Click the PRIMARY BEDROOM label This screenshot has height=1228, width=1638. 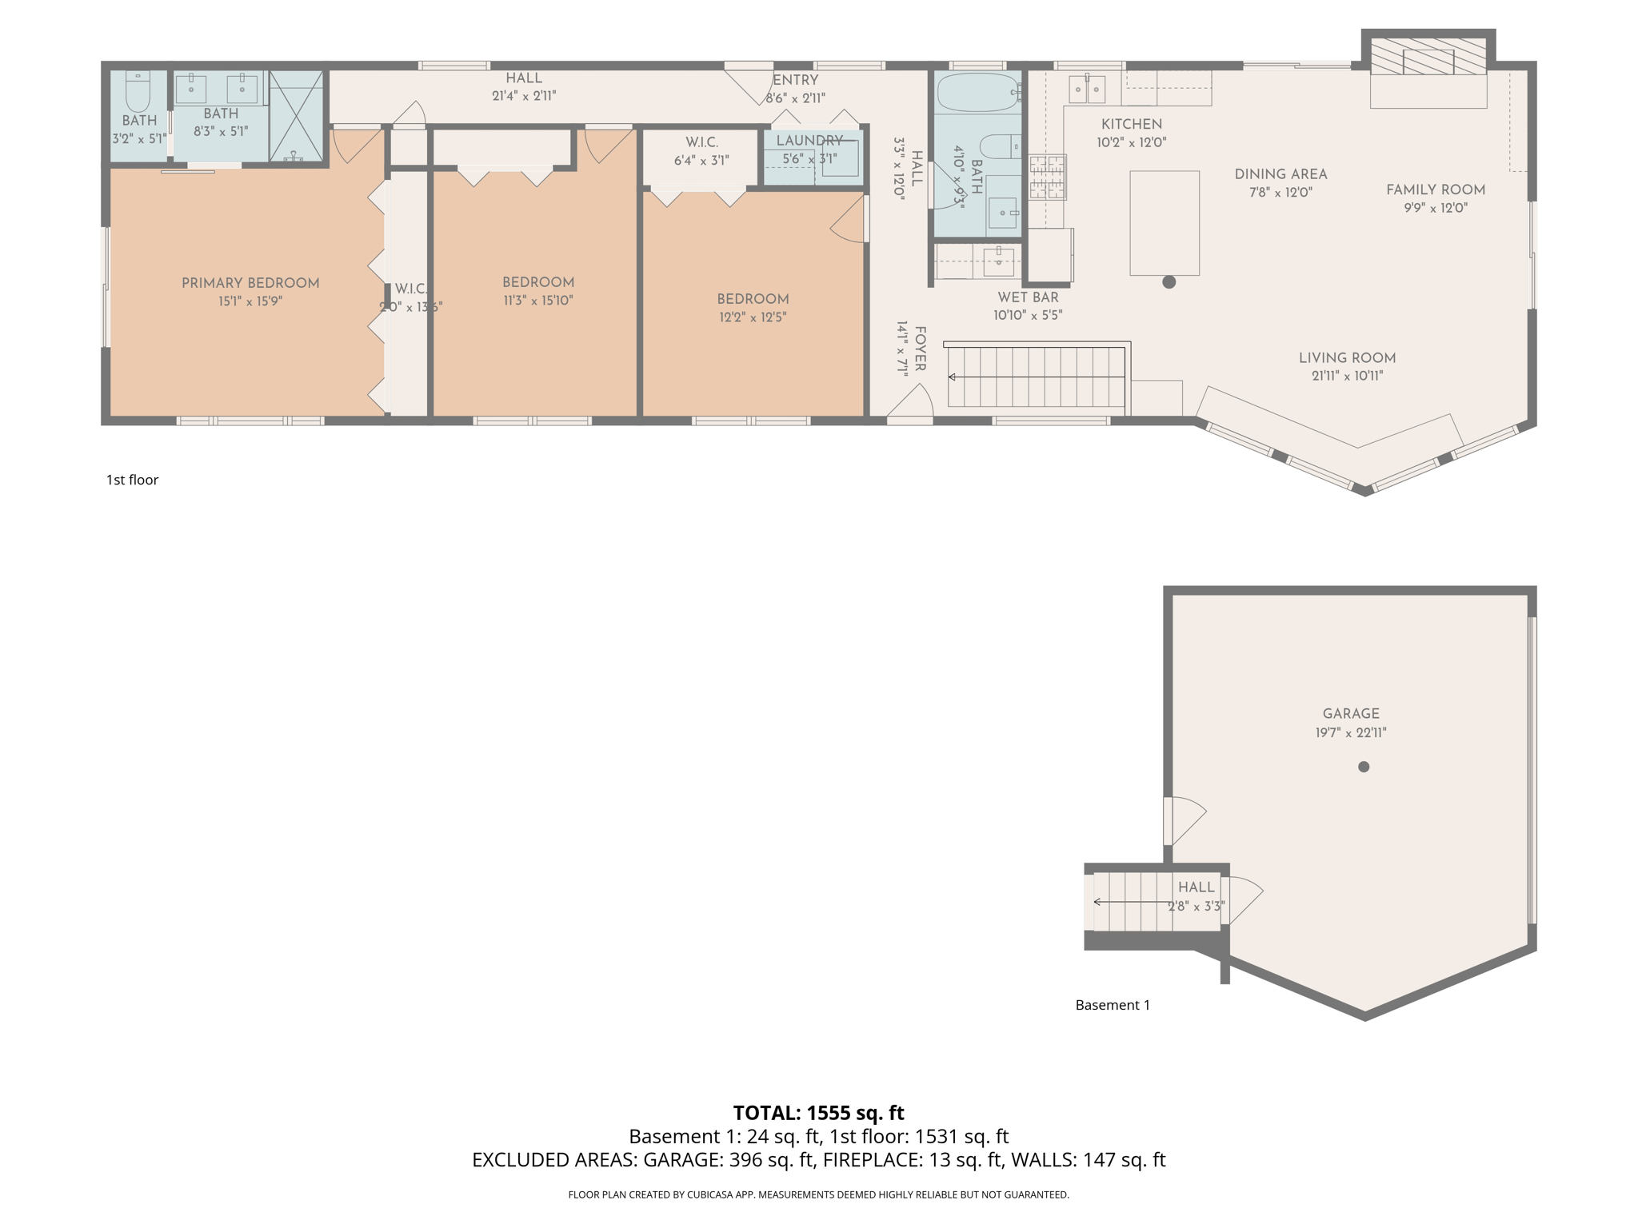point(250,283)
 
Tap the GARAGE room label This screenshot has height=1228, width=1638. point(1350,714)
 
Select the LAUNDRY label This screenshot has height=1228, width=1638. point(809,141)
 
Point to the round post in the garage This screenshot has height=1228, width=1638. point(1364,767)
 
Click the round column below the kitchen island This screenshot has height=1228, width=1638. point(1169,282)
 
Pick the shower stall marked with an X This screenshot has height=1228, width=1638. point(297,117)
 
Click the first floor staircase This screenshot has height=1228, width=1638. point(1036,377)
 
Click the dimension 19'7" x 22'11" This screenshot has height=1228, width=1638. point(1350,732)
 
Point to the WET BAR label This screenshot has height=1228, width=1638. point(1028,297)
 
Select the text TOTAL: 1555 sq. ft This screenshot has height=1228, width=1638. point(818,1113)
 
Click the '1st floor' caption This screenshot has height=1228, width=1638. point(132,480)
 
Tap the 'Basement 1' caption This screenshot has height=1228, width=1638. point(1112,1005)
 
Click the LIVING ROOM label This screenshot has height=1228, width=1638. point(1347,358)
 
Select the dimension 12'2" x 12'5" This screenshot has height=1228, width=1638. point(752,317)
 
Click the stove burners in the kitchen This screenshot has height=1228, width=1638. point(1046,177)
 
